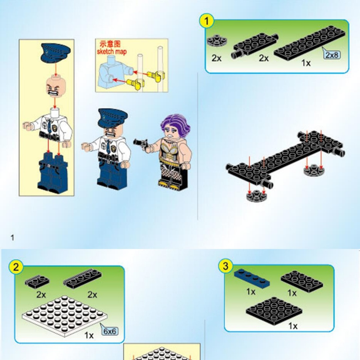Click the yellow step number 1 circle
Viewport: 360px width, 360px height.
click(x=206, y=21)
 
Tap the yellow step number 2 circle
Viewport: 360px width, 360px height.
click(x=16, y=267)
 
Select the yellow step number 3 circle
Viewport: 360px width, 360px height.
click(x=225, y=266)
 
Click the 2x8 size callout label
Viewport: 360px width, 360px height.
click(x=332, y=55)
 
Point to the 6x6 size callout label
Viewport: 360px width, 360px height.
click(x=110, y=331)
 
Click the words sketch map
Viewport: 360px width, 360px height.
click(x=112, y=51)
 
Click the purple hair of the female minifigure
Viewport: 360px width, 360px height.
click(x=176, y=124)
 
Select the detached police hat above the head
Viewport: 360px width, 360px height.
click(x=56, y=53)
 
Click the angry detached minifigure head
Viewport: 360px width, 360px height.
click(x=56, y=87)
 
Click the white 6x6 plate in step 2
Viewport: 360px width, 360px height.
click(x=65, y=316)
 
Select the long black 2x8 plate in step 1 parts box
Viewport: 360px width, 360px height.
click(x=309, y=43)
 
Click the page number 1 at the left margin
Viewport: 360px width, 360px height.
click(x=12, y=238)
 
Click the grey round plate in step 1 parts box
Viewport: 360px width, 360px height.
click(x=217, y=41)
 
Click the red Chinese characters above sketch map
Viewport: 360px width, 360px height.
click(x=110, y=44)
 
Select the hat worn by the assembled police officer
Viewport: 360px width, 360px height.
click(x=113, y=118)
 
